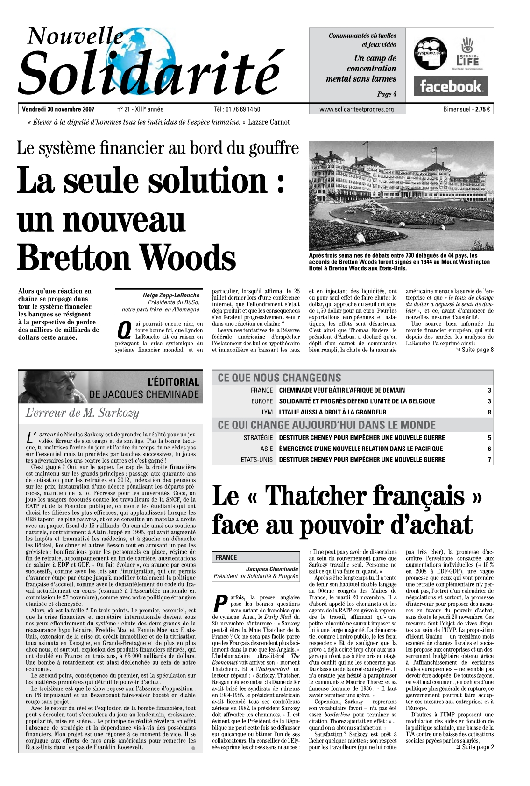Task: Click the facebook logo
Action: (x=450, y=86)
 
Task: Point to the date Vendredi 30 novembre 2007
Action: (x=58, y=110)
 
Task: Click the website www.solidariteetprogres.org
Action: (x=356, y=110)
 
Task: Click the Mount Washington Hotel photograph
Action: (x=401, y=196)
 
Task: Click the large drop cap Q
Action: (x=123, y=330)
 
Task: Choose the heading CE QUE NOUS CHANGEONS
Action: (x=279, y=378)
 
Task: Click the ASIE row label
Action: (x=267, y=449)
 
